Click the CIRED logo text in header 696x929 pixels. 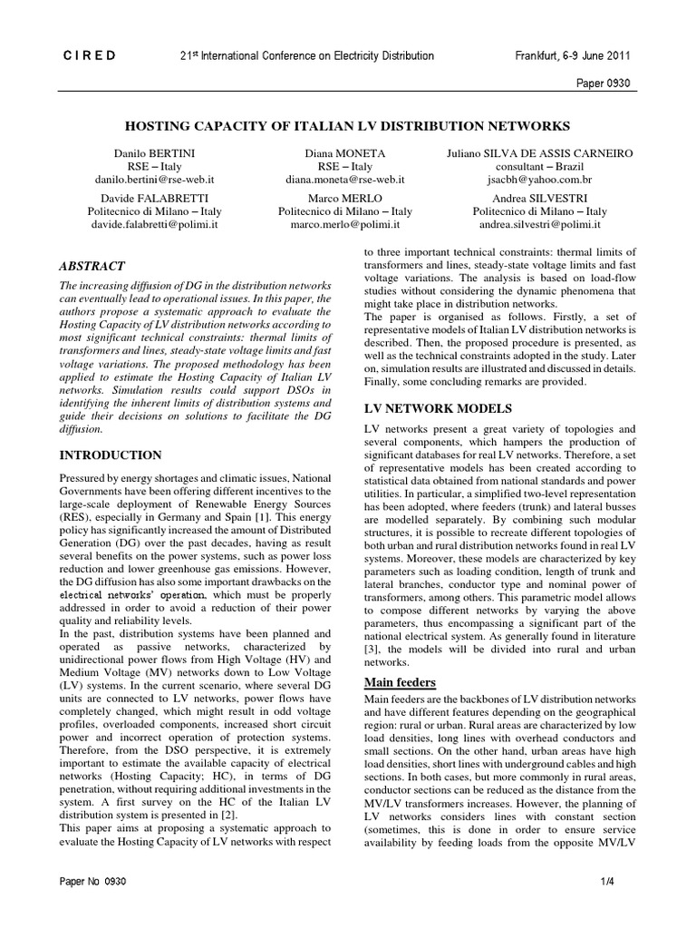coord(89,55)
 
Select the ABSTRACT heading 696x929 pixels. coord(92,266)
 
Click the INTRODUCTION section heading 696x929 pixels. coord(111,455)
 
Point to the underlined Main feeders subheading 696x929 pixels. coord(400,681)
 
